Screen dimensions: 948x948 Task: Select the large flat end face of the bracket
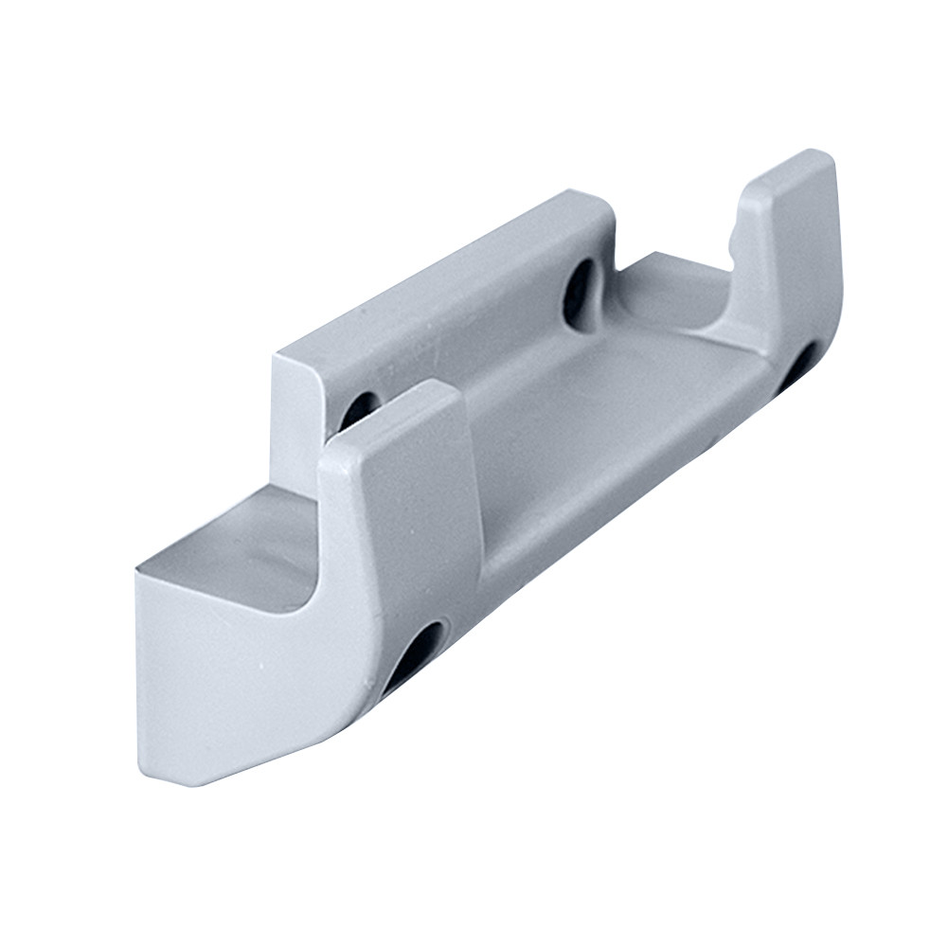[227, 682]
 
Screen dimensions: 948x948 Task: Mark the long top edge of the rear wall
[436, 275]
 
